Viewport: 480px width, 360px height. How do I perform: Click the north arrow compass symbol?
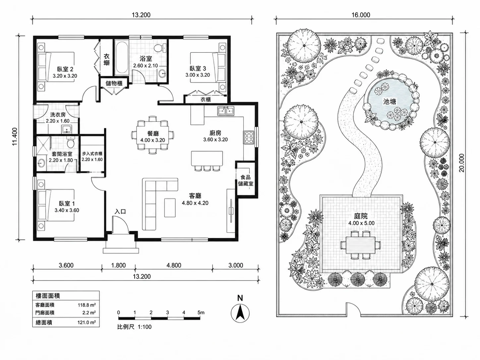click(x=240, y=313)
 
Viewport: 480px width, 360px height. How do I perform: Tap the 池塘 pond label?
click(x=390, y=102)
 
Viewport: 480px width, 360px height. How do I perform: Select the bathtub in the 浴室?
click(x=122, y=59)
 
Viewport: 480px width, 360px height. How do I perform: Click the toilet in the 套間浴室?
click(x=70, y=143)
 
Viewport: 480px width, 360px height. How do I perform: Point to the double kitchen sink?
click(x=225, y=111)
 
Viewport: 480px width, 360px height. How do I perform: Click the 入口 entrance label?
click(x=120, y=211)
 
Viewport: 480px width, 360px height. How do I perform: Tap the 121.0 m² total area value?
click(x=87, y=323)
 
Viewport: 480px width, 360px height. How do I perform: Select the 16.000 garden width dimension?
click(x=361, y=15)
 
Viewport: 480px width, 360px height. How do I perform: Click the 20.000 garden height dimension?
click(x=461, y=163)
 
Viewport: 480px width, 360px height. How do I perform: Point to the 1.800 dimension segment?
click(x=118, y=265)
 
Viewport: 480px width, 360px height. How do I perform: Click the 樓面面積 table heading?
click(x=48, y=296)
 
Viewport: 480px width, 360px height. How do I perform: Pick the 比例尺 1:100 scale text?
click(x=134, y=327)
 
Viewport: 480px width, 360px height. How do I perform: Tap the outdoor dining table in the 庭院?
click(x=361, y=245)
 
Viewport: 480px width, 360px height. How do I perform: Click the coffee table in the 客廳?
click(x=170, y=208)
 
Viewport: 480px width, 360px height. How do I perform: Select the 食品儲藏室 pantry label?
click(x=246, y=181)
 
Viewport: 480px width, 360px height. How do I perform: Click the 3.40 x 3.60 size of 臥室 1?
click(x=67, y=210)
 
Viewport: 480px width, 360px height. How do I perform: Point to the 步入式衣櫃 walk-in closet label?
click(x=92, y=154)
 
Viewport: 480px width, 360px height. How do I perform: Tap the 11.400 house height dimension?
click(x=15, y=137)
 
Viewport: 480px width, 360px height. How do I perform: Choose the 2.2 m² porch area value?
click(x=89, y=313)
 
